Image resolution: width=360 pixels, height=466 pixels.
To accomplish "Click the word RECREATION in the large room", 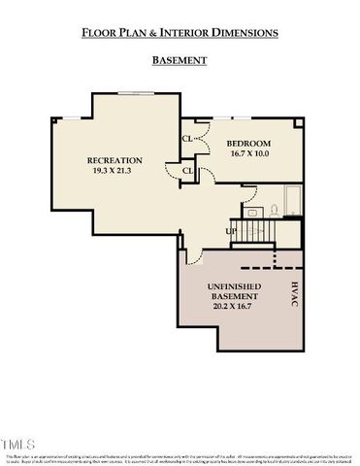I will click(x=115, y=160).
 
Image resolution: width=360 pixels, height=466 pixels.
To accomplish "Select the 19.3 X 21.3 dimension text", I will click(x=115, y=172).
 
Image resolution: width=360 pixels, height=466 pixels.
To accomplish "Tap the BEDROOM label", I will click(x=250, y=143).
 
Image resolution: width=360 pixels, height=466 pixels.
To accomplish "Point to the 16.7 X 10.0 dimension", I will click(x=250, y=153).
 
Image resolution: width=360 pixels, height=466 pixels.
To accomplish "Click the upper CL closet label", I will click(x=186, y=137).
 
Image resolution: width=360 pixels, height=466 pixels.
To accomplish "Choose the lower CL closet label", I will click(x=187, y=172).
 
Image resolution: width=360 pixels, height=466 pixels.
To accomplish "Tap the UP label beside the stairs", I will click(x=230, y=231).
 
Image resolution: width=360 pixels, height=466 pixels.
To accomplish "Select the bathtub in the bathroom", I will click(x=292, y=207).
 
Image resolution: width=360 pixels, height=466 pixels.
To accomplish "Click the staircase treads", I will click(x=255, y=232).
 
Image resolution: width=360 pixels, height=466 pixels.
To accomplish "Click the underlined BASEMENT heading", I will click(x=180, y=60).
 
